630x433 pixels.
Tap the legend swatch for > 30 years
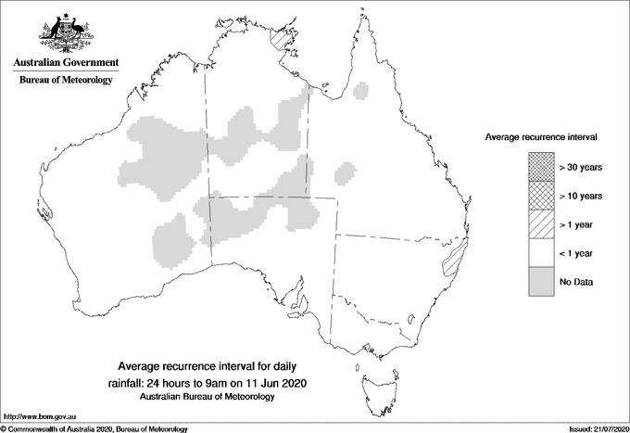(540, 167)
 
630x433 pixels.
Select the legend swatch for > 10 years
(540, 196)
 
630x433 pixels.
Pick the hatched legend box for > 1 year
(540, 224)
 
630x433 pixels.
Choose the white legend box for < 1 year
(540, 253)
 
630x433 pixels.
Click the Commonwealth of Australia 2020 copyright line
(94, 428)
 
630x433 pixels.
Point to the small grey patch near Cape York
(362, 90)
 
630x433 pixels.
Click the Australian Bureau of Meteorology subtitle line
(208, 397)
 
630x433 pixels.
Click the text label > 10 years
(581, 196)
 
